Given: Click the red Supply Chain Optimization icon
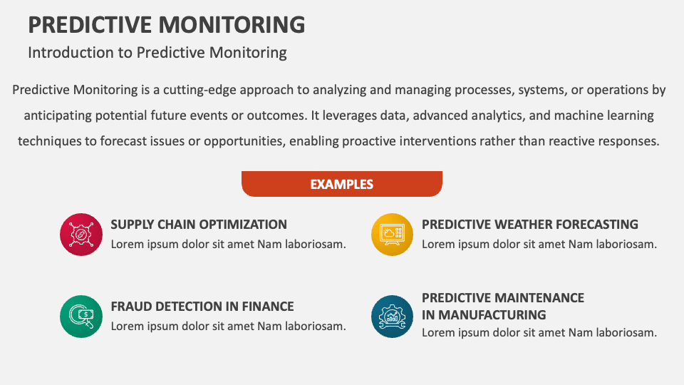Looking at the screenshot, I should (x=81, y=234).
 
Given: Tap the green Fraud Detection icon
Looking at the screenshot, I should (x=81, y=317).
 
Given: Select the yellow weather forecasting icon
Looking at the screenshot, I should (x=392, y=234).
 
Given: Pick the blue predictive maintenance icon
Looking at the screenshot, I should (x=392, y=317).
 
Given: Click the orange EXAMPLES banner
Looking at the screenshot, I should (x=342, y=184).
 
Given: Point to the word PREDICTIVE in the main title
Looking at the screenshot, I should (x=89, y=24).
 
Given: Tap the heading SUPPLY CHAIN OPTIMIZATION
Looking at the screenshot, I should (x=199, y=224).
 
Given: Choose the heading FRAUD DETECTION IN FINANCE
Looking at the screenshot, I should (x=202, y=307).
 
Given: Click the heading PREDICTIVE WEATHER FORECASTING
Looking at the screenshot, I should (x=529, y=224).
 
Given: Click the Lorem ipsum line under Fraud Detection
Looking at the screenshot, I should (x=228, y=326).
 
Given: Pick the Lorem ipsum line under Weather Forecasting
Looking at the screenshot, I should (x=539, y=244).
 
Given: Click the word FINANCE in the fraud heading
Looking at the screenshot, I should (x=266, y=307).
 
